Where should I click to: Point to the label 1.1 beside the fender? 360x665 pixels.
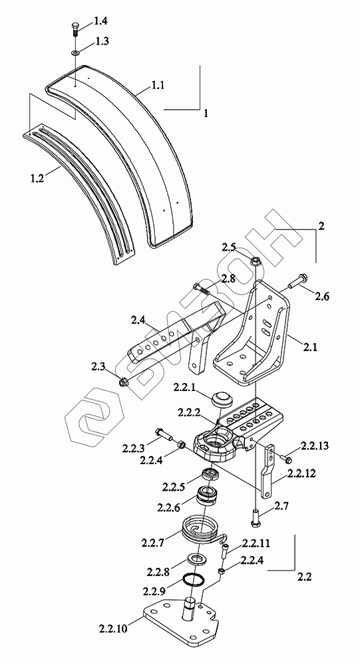[x=158, y=86]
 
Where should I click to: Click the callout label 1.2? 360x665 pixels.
[x=37, y=178]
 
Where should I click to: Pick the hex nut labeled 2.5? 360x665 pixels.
[x=256, y=261]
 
